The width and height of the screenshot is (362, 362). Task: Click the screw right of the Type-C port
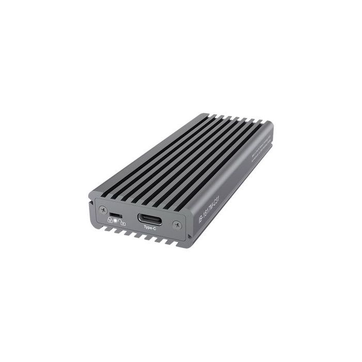click(x=177, y=224)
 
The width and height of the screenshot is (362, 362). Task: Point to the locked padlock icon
click(x=110, y=220)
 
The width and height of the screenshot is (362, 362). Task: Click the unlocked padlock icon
click(x=122, y=222)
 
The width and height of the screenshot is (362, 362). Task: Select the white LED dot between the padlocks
click(x=116, y=220)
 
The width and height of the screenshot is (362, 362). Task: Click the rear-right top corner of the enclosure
click(x=272, y=125)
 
